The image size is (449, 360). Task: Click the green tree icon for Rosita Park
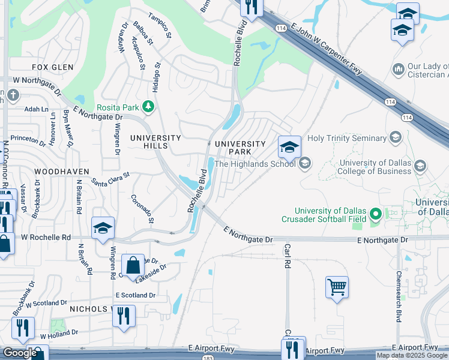click(148, 107)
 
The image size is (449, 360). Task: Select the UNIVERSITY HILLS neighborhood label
click(155, 142)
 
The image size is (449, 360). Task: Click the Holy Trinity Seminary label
click(348, 139)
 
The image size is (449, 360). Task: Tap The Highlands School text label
click(256, 164)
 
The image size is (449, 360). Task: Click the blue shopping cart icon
click(337, 287)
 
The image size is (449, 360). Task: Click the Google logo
click(20, 353)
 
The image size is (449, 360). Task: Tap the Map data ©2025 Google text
click(412, 356)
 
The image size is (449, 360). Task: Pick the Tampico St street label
click(160, 26)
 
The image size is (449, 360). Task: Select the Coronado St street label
click(143, 209)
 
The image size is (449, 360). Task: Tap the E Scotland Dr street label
click(135, 295)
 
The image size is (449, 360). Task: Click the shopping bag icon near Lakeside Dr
click(133, 264)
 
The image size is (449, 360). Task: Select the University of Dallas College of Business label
click(376, 167)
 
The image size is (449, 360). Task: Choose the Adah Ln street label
click(36, 109)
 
